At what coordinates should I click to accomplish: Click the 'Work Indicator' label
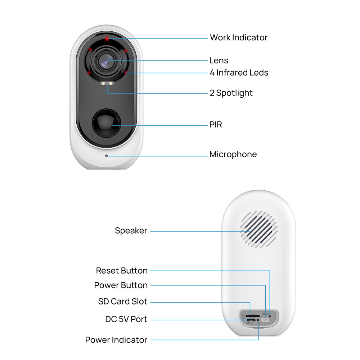[x=239, y=37]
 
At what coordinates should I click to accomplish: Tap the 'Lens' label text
[x=219, y=60]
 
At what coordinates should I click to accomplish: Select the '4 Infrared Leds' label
[x=239, y=73]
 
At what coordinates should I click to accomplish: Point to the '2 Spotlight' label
[x=231, y=93]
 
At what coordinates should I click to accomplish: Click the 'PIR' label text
[x=216, y=125]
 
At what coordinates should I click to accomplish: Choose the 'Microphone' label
[x=233, y=154]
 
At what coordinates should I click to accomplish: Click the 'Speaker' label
[x=131, y=231]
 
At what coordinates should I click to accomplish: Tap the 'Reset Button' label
[x=122, y=270]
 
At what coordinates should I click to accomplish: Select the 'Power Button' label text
[x=121, y=285]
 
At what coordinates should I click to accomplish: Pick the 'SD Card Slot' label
[x=123, y=301]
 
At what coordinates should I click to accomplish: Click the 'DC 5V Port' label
[x=126, y=319]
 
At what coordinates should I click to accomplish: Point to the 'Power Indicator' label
[x=116, y=340]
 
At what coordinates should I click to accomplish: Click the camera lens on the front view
[x=106, y=61]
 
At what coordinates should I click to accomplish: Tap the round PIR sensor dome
[x=106, y=123]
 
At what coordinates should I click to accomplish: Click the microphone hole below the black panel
[x=106, y=156]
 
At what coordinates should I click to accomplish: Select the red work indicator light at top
[x=107, y=39]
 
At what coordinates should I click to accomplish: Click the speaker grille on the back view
[x=259, y=230]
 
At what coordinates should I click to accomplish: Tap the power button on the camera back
[x=265, y=320]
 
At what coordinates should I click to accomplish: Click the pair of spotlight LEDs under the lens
[x=107, y=84]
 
